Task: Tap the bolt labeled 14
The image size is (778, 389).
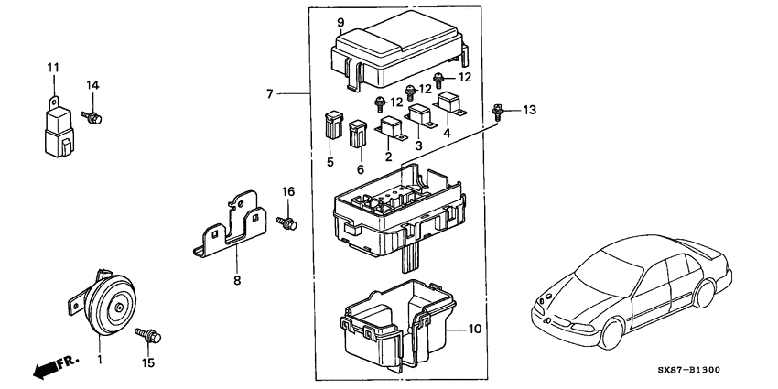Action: pos(93,116)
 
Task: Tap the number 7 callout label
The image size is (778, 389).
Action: pos(270,93)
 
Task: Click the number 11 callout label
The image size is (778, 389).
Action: pos(52,68)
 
